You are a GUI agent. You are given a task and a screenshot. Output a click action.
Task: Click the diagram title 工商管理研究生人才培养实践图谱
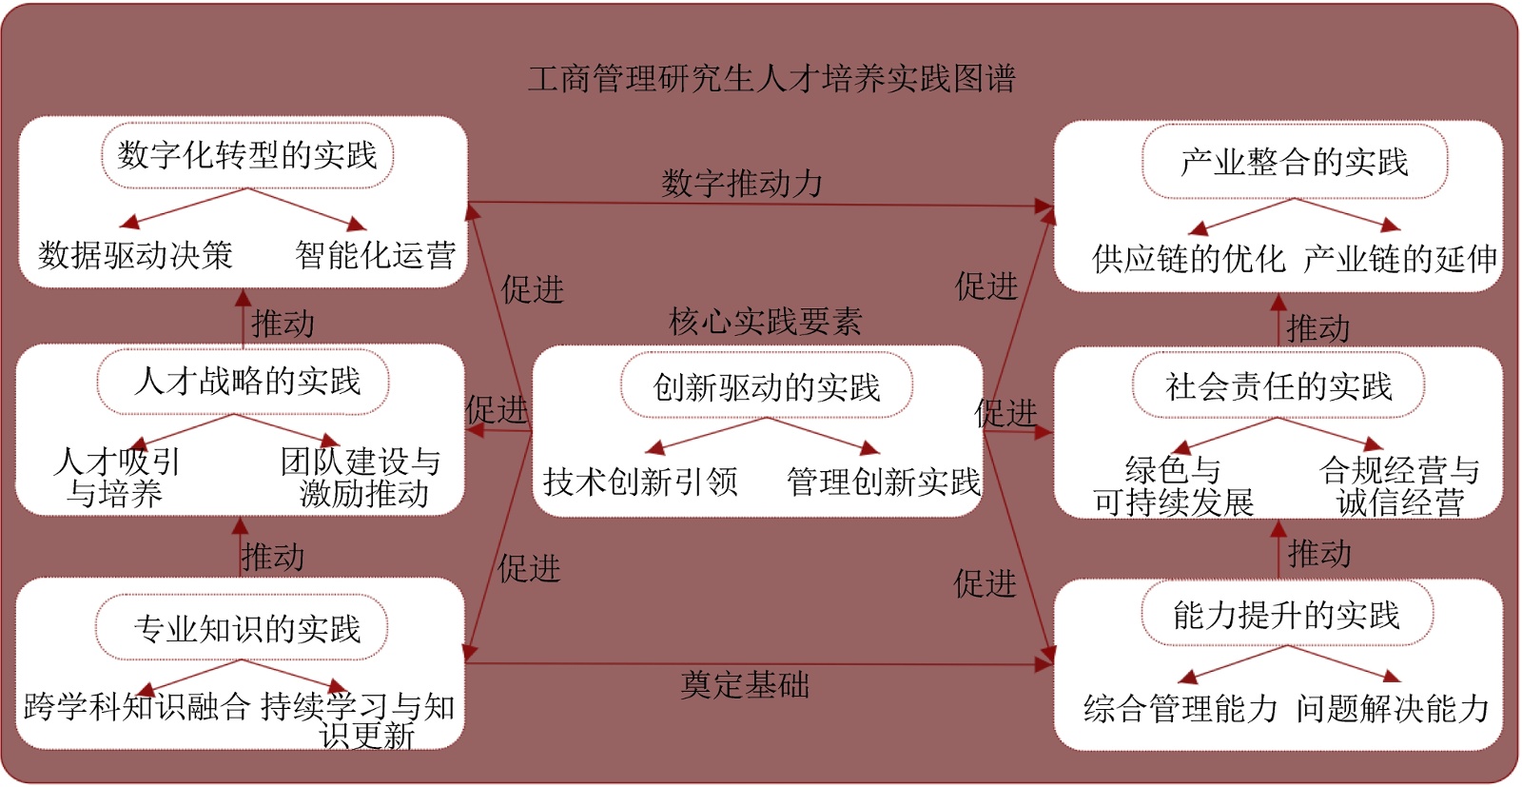coord(771,78)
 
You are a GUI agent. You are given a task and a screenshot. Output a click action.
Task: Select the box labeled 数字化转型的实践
coord(247,155)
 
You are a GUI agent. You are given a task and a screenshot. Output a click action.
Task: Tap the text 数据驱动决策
coord(135,255)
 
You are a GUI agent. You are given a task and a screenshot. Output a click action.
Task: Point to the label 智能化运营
coord(376,255)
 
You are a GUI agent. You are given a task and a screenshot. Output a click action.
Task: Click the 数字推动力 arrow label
coord(742,183)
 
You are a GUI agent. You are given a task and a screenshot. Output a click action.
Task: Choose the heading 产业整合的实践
coord(1294,162)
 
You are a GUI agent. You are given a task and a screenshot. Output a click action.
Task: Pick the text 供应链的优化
coord(1189,258)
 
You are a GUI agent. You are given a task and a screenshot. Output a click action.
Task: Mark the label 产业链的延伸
coord(1400,258)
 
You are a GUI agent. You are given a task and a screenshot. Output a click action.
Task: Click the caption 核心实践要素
coord(765,322)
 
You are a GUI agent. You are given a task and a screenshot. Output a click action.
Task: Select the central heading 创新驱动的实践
coord(767,387)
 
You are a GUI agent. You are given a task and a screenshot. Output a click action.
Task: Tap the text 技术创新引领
coord(640,482)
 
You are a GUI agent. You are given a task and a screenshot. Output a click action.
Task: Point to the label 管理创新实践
coord(884,482)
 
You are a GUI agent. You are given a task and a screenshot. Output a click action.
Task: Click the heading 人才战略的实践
coord(247,381)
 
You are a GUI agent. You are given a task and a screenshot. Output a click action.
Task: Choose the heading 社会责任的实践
coord(1278,385)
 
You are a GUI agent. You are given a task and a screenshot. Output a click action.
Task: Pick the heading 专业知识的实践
coord(247,628)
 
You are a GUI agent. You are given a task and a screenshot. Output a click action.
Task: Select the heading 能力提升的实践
coord(1286,615)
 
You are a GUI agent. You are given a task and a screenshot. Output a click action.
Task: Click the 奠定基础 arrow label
coord(745,684)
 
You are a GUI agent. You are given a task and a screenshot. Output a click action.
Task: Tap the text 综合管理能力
coord(1181,708)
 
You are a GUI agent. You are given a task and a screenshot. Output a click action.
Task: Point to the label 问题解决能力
coord(1393,708)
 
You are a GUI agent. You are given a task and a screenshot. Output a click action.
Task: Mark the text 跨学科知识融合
coord(137,706)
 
